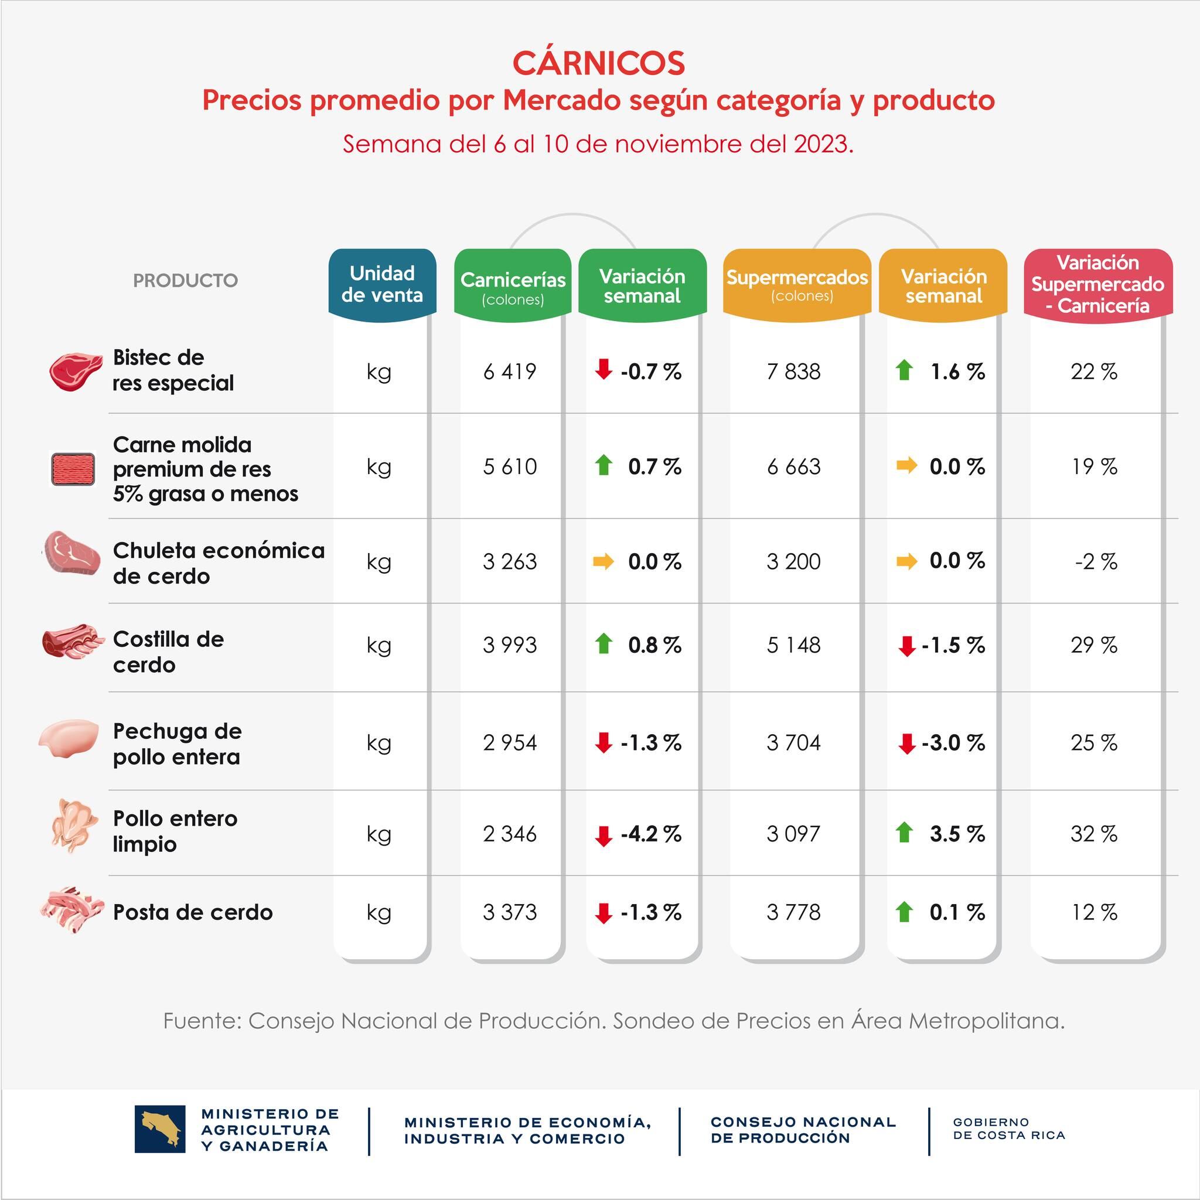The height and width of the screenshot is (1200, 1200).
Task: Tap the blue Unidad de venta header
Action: click(382, 284)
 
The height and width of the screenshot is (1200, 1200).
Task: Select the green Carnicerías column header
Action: click(513, 286)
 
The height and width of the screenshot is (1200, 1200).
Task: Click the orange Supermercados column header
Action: click(797, 283)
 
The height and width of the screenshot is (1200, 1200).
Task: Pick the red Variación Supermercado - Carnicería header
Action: click(1097, 284)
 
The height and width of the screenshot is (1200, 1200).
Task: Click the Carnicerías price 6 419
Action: click(509, 371)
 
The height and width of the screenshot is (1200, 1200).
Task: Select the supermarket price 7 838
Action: click(793, 371)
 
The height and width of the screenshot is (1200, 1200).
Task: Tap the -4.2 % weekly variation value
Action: click(650, 834)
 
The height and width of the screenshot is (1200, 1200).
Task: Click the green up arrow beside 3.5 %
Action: click(904, 832)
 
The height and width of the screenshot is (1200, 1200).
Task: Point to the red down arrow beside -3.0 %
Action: click(906, 744)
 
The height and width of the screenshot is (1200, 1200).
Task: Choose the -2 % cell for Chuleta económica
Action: click(1096, 561)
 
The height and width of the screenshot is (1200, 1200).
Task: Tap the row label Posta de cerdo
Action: click(193, 912)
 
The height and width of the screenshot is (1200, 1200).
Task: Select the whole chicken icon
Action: click(74, 826)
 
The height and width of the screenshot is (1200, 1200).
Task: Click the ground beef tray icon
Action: click(73, 469)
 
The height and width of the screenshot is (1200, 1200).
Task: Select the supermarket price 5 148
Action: click(793, 645)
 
